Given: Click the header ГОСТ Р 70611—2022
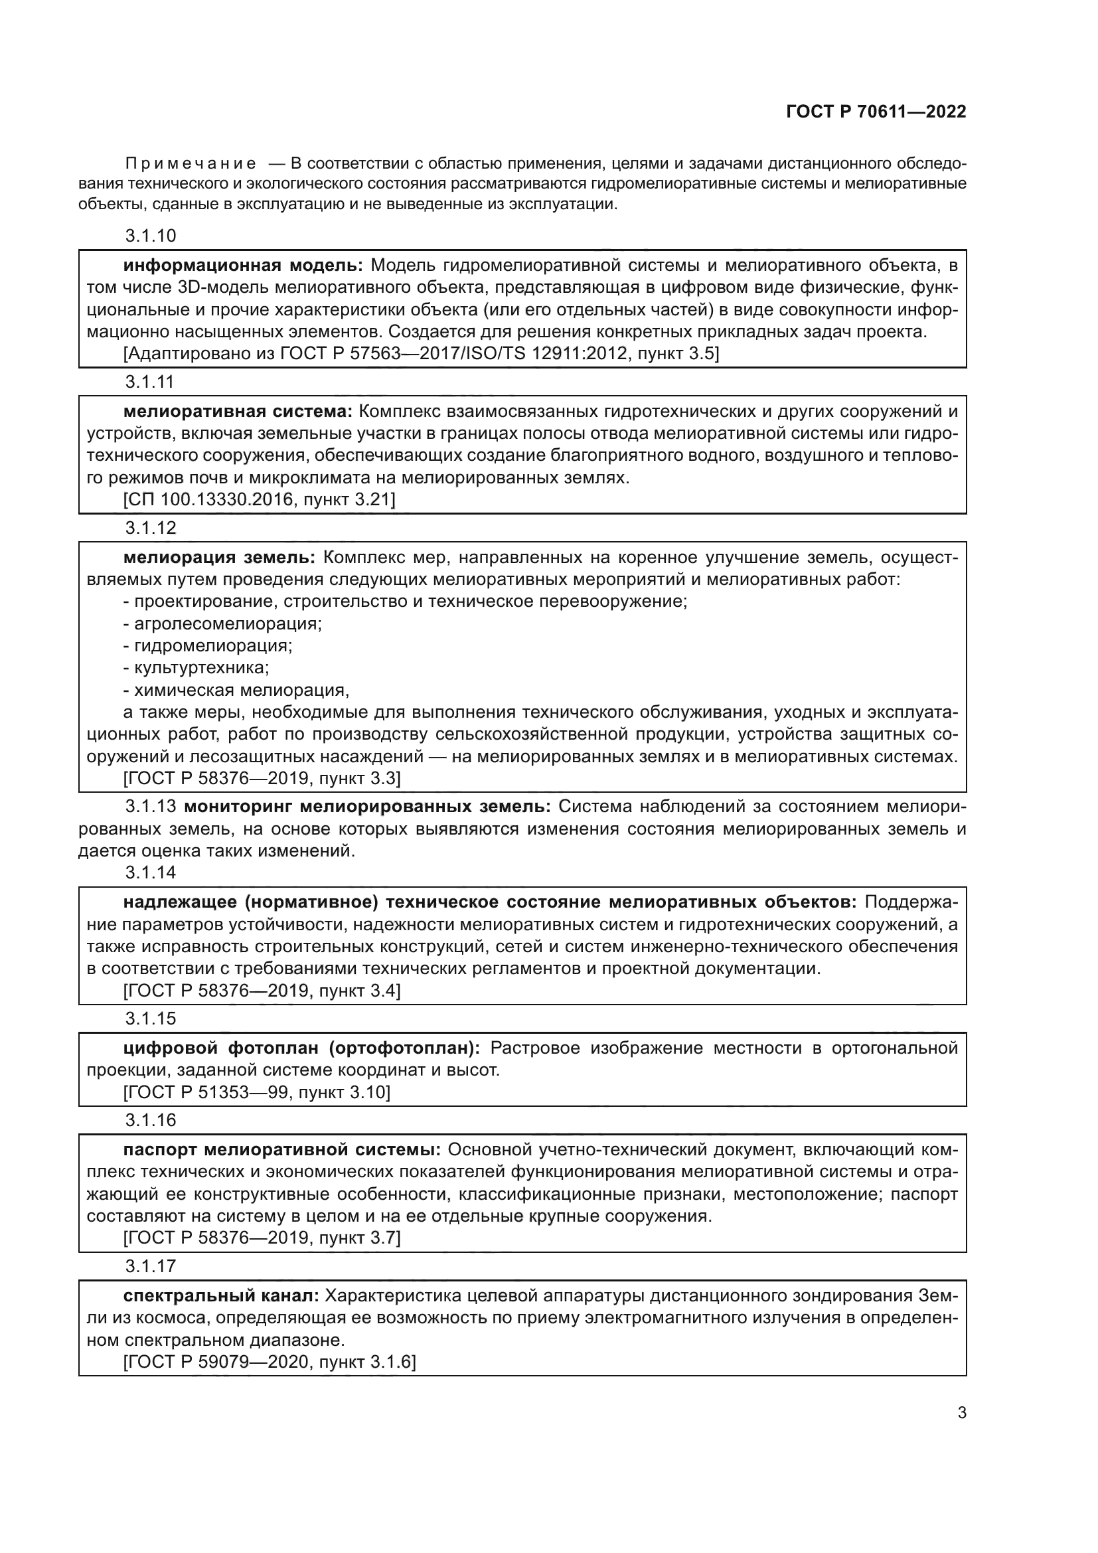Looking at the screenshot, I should (876, 112).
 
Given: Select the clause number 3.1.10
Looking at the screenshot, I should (150, 236).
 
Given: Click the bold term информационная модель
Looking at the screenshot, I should (243, 265).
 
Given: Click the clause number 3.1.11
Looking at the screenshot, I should (149, 382).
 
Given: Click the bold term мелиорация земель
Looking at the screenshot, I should (219, 557).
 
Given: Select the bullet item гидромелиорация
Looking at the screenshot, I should (213, 646).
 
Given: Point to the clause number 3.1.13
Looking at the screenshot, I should (150, 807).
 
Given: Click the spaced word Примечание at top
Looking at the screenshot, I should (191, 164).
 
